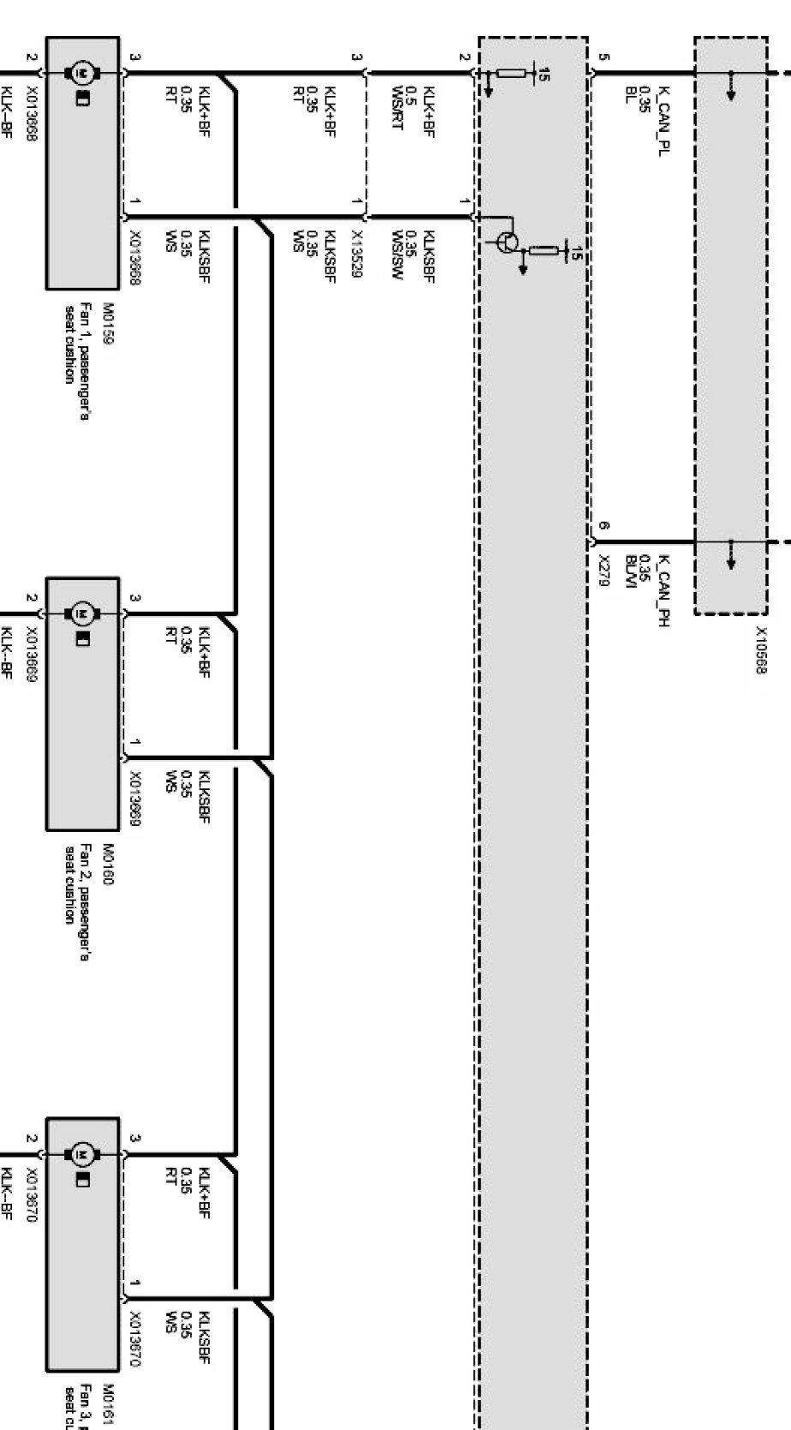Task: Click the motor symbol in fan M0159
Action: pyautogui.click(x=82, y=72)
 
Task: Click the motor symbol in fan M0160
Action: pyautogui.click(x=82, y=613)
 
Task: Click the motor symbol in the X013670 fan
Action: pyautogui.click(x=82, y=1155)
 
